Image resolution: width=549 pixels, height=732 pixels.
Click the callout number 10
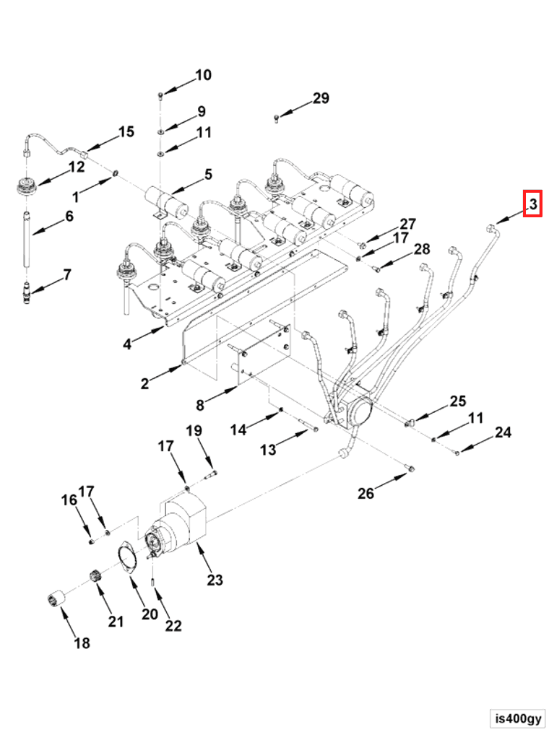pos(203,75)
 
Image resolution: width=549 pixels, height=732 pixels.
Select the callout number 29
pos(321,98)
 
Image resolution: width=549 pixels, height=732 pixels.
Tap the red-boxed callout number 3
pos(532,205)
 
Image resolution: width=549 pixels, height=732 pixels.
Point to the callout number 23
pos(215,579)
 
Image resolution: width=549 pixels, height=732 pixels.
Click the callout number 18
pos(82,642)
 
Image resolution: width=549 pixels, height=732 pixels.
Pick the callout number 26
pos(366,493)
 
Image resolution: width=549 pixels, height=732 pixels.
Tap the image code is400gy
pos(518,718)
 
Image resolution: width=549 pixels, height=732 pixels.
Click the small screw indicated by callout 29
pos(277,117)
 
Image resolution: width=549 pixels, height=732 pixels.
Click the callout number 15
pos(126,131)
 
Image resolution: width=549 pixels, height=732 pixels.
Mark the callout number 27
pos(408,223)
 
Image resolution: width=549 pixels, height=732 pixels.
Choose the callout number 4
pos(127,344)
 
